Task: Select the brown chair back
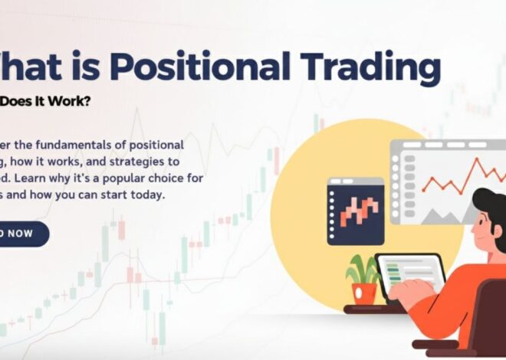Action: (491, 322)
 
